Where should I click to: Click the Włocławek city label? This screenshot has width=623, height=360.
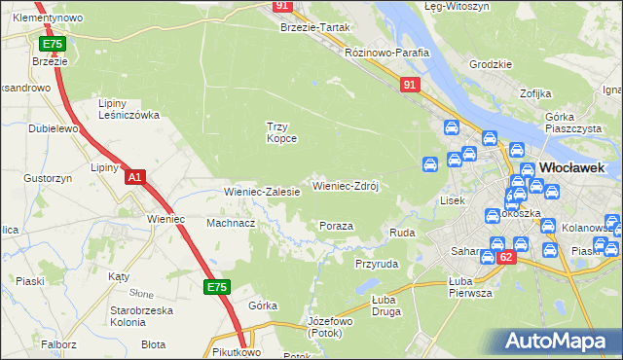click(x=571, y=167)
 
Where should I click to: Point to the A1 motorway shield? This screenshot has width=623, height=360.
click(x=135, y=177)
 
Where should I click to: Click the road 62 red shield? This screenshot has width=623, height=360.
click(x=504, y=258)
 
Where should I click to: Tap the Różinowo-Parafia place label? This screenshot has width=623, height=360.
click(x=387, y=54)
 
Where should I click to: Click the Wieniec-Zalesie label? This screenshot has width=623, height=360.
click(x=262, y=192)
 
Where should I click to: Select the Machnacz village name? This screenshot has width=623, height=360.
click(x=231, y=223)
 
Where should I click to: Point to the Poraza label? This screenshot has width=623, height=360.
click(x=336, y=226)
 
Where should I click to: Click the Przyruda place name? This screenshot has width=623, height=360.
click(x=377, y=264)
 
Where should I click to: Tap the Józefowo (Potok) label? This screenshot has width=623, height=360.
click(x=328, y=327)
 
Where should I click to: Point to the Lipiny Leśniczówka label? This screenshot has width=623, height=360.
click(x=128, y=109)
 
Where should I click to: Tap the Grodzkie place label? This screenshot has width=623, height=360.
click(x=490, y=64)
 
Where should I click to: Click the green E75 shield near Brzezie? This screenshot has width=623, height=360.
click(x=52, y=45)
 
